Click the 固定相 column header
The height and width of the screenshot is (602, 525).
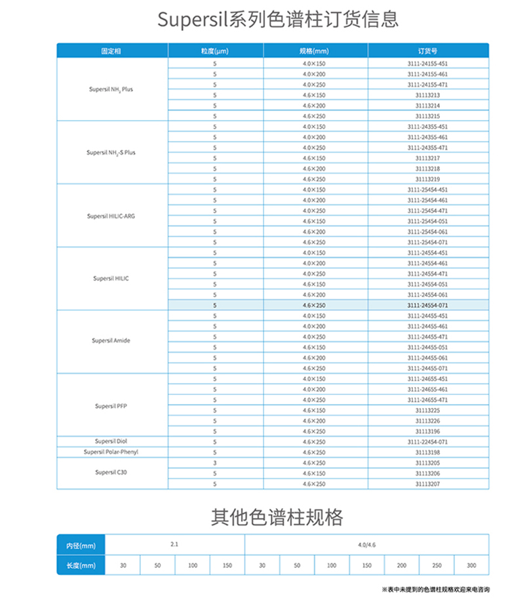(x=111, y=50)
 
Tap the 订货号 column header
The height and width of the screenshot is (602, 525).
(x=427, y=50)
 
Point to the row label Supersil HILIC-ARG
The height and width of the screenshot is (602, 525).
(x=111, y=216)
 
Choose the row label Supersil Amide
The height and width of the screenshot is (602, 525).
(x=111, y=341)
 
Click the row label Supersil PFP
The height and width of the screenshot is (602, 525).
(x=111, y=406)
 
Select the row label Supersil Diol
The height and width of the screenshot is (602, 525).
(x=111, y=442)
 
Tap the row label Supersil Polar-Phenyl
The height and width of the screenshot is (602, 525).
(x=111, y=452)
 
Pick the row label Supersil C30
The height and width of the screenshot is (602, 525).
(x=111, y=472)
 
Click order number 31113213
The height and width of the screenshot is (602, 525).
(x=427, y=95)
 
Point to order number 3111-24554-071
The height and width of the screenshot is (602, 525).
(x=427, y=306)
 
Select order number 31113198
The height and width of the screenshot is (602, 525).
(x=427, y=452)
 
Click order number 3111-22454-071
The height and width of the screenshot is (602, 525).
(x=427, y=442)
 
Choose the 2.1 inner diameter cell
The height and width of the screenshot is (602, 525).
(x=174, y=544)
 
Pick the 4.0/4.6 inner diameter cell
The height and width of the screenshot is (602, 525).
(x=367, y=544)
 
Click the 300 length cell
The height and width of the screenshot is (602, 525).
(x=471, y=565)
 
